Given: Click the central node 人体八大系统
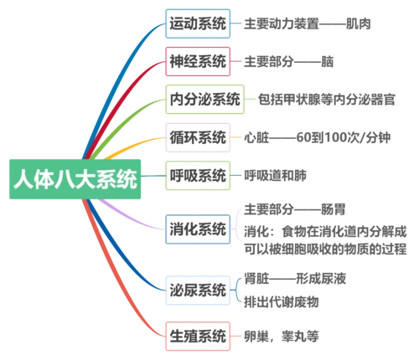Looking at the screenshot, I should (x=75, y=178).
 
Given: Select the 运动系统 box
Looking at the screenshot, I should (x=197, y=24).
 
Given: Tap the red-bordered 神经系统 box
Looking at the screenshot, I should (x=197, y=61).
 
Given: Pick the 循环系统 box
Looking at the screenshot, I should (x=197, y=136).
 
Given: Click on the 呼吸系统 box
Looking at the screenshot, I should (x=197, y=175).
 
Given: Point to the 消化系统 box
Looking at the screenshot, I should (x=197, y=228).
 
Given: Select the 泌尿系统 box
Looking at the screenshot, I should (x=197, y=291).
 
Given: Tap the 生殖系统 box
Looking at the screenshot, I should (x=197, y=336).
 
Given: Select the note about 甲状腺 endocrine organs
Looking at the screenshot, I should (x=334, y=98).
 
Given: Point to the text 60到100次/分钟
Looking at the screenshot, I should (x=313, y=136).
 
